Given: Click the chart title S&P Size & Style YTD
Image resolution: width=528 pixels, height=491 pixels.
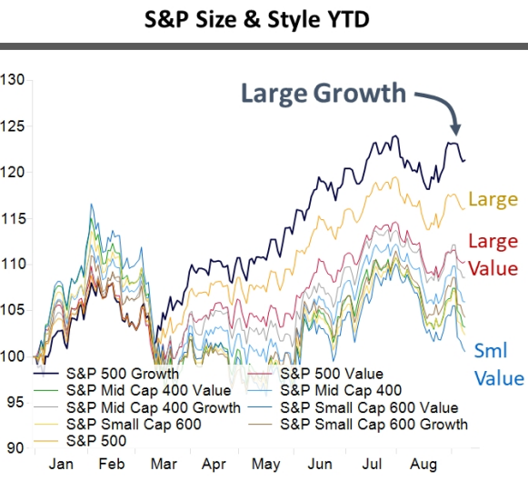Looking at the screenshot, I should point(264,17).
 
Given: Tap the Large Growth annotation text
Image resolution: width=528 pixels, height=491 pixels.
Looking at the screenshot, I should point(323,93).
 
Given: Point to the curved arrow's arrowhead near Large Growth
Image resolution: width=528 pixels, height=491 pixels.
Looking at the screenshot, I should point(456,129).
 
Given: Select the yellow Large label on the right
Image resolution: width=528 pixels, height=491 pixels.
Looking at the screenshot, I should point(493,199).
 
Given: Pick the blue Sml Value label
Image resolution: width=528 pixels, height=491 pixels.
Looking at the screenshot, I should point(499,365).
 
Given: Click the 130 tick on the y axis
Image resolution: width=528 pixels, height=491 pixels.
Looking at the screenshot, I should point(13,80).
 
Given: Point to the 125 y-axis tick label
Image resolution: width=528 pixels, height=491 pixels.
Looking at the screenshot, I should point(13,125).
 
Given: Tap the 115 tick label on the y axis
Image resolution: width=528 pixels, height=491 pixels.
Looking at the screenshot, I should point(13,218).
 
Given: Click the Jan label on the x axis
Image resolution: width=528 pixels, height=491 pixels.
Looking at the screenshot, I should point(61,463).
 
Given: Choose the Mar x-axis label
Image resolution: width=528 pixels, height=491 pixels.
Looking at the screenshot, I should point(164,463).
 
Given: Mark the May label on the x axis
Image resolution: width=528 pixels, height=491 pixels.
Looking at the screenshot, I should point(265,463).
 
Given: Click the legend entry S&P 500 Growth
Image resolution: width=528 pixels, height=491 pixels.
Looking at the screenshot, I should point(123,373).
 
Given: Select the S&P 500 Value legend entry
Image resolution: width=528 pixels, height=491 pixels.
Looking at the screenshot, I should point(332,373).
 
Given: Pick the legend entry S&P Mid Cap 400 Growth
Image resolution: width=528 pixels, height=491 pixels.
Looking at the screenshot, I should point(154,407).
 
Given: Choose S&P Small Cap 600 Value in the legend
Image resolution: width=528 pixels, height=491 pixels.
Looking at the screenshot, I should point(369,407).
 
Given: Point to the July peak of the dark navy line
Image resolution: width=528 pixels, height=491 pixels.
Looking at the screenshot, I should point(395,136).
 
